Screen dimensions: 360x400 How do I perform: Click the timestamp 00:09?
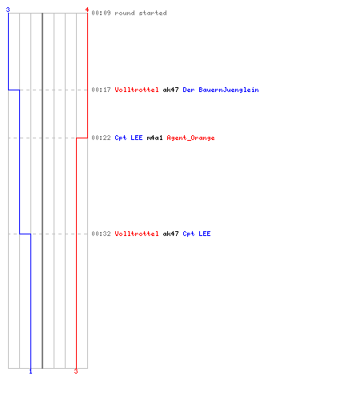[101, 13]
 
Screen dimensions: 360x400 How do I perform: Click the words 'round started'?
[141, 13]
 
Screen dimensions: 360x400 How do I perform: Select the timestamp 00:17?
[101, 90]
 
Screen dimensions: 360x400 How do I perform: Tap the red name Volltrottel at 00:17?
[137, 90]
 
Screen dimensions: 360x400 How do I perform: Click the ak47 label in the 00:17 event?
[170, 90]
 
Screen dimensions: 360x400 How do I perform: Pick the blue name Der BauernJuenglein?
[221, 90]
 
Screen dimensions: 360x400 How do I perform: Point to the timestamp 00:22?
[101, 138]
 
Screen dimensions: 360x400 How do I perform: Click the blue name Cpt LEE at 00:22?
[129, 138]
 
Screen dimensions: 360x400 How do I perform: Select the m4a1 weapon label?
[154, 138]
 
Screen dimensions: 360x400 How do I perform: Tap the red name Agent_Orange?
[190, 138]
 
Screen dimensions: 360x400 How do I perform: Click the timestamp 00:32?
[101, 234]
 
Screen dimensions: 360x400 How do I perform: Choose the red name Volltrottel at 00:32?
[137, 234]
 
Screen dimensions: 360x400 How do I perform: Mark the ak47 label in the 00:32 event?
[170, 234]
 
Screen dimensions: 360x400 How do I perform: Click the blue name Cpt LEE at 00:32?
[197, 234]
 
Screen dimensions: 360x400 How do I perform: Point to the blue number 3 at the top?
[8, 10]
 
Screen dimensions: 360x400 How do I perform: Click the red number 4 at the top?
[86, 10]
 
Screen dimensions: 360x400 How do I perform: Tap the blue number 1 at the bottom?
[30, 371]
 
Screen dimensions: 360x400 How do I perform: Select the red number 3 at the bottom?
[76, 371]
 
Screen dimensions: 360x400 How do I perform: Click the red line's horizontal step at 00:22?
[82, 138]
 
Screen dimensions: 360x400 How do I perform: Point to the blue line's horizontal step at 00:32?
[25, 234]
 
